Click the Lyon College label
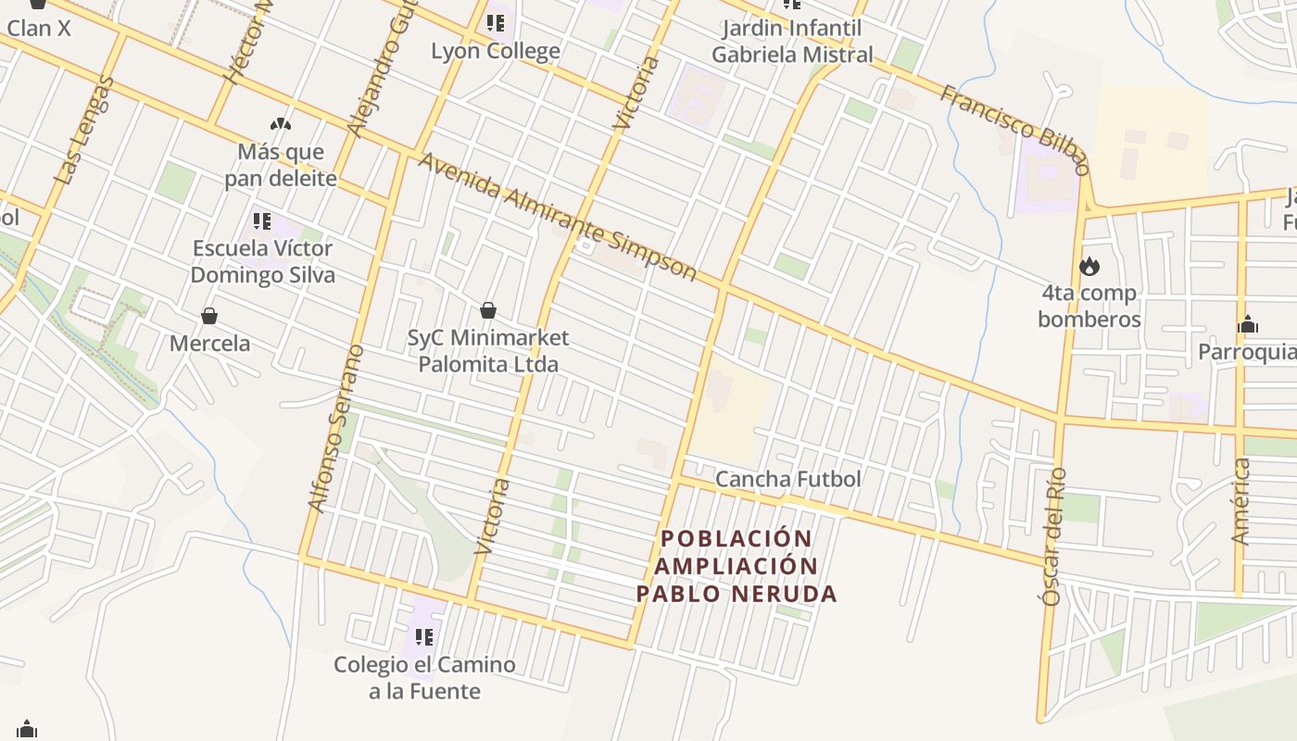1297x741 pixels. (x=496, y=51)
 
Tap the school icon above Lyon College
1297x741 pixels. (x=496, y=22)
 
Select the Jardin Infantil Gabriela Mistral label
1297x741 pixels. (x=792, y=42)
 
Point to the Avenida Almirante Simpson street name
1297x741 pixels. (x=558, y=217)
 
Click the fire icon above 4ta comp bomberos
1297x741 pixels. (x=1089, y=266)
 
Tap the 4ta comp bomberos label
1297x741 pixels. (x=1089, y=307)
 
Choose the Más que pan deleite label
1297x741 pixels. (x=281, y=165)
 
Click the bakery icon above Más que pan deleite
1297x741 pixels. (x=280, y=123)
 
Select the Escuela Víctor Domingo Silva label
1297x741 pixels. (x=263, y=262)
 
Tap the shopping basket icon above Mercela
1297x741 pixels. (x=209, y=316)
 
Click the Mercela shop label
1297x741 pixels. (x=209, y=344)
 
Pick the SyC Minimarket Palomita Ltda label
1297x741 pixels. (x=488, y=351)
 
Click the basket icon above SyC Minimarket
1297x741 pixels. (x=488, y=310)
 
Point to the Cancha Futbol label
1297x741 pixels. (x=788, y=479)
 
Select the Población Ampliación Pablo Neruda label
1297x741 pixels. (x=737, y=566)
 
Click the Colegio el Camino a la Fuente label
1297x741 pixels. (x=424, y=678)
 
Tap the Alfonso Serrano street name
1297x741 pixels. (x=335, y=429)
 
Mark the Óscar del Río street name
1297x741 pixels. (x=1054, y=537)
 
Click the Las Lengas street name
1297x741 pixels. (x=84, y=130)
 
